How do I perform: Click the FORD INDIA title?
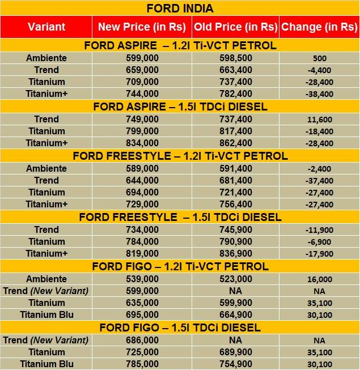coord(180,8)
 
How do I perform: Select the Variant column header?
coord(46,27)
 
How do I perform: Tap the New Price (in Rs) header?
coord(142,27)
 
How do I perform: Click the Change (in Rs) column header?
coord(319,27)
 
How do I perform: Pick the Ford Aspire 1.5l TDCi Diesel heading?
coord(180,107)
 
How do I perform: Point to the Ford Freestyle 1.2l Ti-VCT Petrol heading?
coord(180,156)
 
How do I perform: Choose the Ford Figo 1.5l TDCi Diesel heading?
coord(180,328)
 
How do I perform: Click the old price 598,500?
coord(235,58)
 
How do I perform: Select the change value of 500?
coord(319,58)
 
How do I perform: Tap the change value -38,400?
coord(319,94)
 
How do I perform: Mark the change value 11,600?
coord(319,120)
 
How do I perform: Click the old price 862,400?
coord(235,143)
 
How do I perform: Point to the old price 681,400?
coord(235,180)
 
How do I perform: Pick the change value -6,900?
coord(319,242)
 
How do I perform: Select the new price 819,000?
coord(142,253)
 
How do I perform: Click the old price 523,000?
coord(235,279)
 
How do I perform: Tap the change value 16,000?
coord(319,279)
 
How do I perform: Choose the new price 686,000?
coord(142,340)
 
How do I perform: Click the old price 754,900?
coord(235,364)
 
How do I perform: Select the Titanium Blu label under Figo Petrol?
coord(46,314)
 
